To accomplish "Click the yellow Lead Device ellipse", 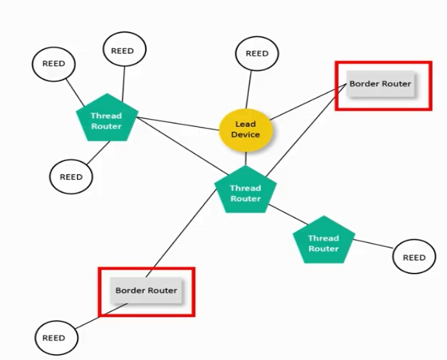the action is (246, 130).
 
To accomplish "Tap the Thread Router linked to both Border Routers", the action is (245, 190).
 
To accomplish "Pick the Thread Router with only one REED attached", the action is (324, 240).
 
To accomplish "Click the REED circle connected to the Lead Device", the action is (257, 53).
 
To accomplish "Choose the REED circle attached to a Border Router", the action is (56, 337).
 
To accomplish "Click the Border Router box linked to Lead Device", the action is (380, 83).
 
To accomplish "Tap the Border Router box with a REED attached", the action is (146, 290).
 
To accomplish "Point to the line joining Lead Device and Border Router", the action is (308, 102).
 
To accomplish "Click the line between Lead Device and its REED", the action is (249, 90).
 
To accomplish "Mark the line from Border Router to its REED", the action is (102, 316).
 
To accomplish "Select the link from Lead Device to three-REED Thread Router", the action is (178, 123).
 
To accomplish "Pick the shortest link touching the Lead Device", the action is (246, 158).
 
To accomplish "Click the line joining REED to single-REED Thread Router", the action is (373, 244).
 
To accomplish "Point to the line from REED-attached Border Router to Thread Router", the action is (181, 232).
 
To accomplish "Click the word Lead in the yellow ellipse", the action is (245, 124).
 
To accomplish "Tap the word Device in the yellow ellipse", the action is (245, 134).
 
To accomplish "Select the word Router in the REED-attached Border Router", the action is (164, 290).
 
